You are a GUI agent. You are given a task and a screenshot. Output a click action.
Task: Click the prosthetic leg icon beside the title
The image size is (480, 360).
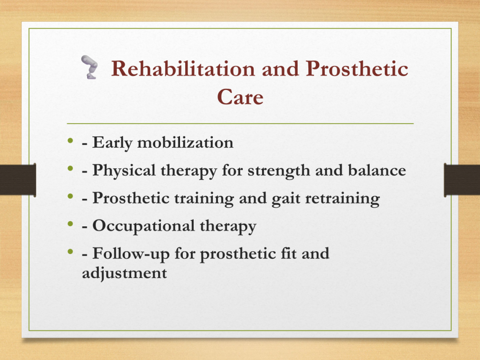[x=90, y=67]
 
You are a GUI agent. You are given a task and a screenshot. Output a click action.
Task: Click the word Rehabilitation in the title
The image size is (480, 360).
[x=183, y=68]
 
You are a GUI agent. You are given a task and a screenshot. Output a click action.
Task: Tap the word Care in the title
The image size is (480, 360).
[x=240, y=97]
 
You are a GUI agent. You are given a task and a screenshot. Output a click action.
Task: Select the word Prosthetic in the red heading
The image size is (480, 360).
[x=357, y=68]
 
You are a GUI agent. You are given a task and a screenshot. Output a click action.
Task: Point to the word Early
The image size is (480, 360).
[x=112, y=142]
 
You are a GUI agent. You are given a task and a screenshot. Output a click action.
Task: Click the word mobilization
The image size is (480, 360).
[x=185, y=142]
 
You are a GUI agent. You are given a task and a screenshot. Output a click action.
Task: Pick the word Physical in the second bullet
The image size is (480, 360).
[x=124, y=171]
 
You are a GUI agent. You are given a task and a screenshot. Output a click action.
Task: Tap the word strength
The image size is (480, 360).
[x=279, y=171]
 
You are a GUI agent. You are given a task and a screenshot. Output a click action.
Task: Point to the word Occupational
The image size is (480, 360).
[x=143, y=226]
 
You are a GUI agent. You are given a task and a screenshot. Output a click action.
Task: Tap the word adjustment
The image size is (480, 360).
[x=125, y=273]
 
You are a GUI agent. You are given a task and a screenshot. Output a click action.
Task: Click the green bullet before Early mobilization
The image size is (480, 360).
[x=71, y=141]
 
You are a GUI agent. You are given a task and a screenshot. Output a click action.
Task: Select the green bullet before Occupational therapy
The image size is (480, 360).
[x=71, y=224]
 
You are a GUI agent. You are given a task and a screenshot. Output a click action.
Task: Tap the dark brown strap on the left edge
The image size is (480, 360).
[x=18, y=180]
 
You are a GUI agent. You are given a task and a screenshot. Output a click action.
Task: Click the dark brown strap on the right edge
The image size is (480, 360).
[x=462, y=180]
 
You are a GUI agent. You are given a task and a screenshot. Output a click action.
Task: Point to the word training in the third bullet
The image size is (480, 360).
[x=204, y=198]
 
